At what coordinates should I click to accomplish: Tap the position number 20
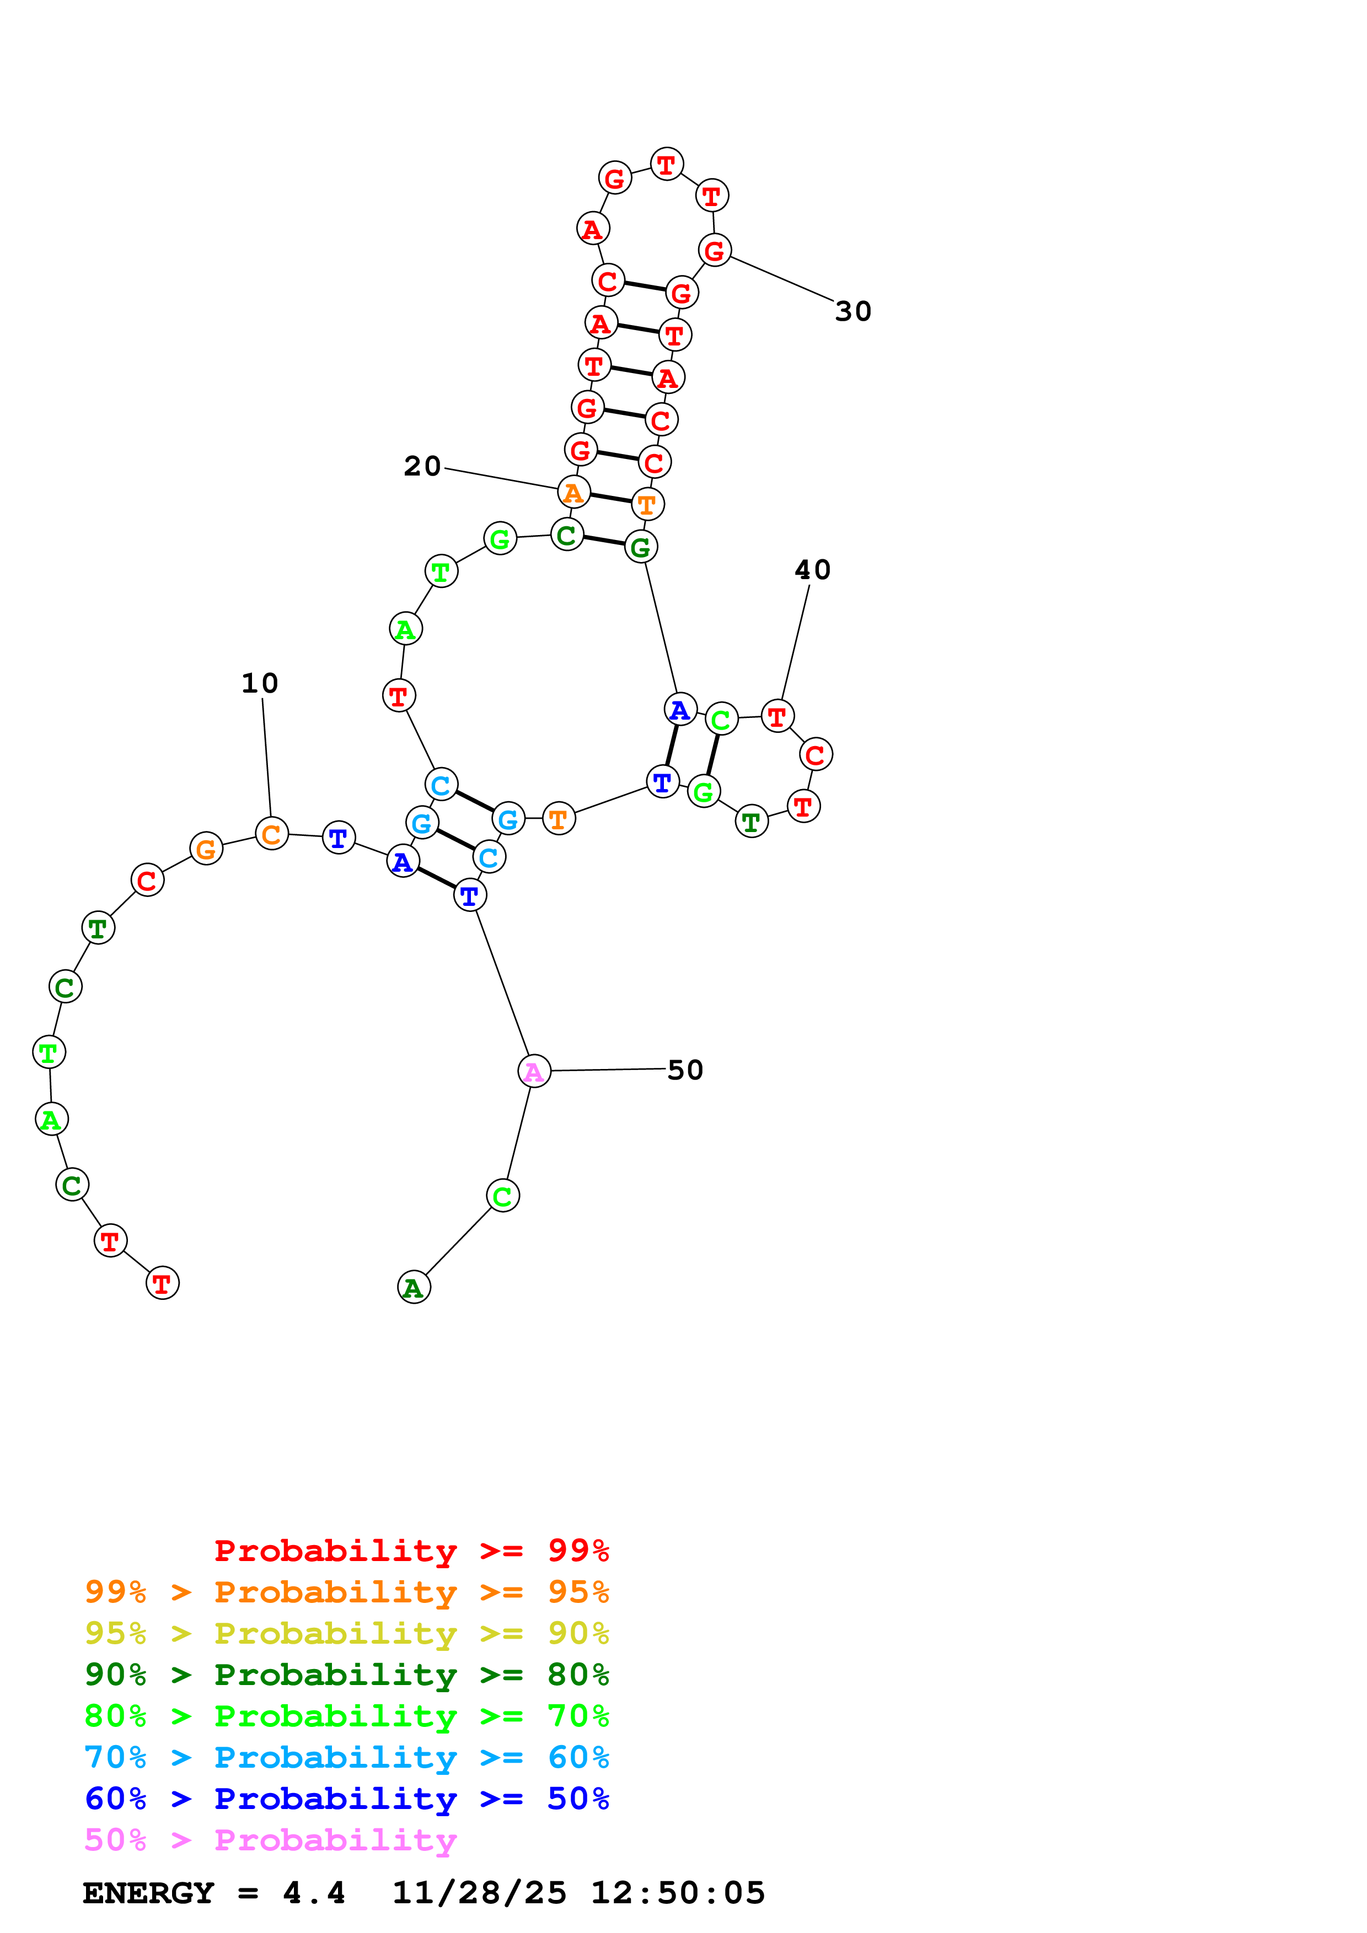[x=422, y=466]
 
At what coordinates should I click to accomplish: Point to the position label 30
[x=853, y=311]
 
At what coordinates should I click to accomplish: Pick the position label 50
[x=685, y=1070]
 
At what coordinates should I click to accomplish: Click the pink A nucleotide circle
[x=534, y=1072]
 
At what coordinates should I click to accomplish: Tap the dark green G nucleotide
[x=641, y=547]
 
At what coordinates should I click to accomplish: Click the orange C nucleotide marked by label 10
[x=271, y=834]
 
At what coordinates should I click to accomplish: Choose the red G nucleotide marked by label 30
[x=714, y=250]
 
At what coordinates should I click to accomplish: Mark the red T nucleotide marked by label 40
[x=776, y=716]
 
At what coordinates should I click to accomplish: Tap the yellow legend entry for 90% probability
[x=346, y=1634]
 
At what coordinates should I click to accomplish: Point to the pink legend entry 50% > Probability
[x=270, y=1840]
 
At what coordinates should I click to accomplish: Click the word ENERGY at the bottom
[x=148, y=1893]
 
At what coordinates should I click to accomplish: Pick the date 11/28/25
[x=479, y=1893]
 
